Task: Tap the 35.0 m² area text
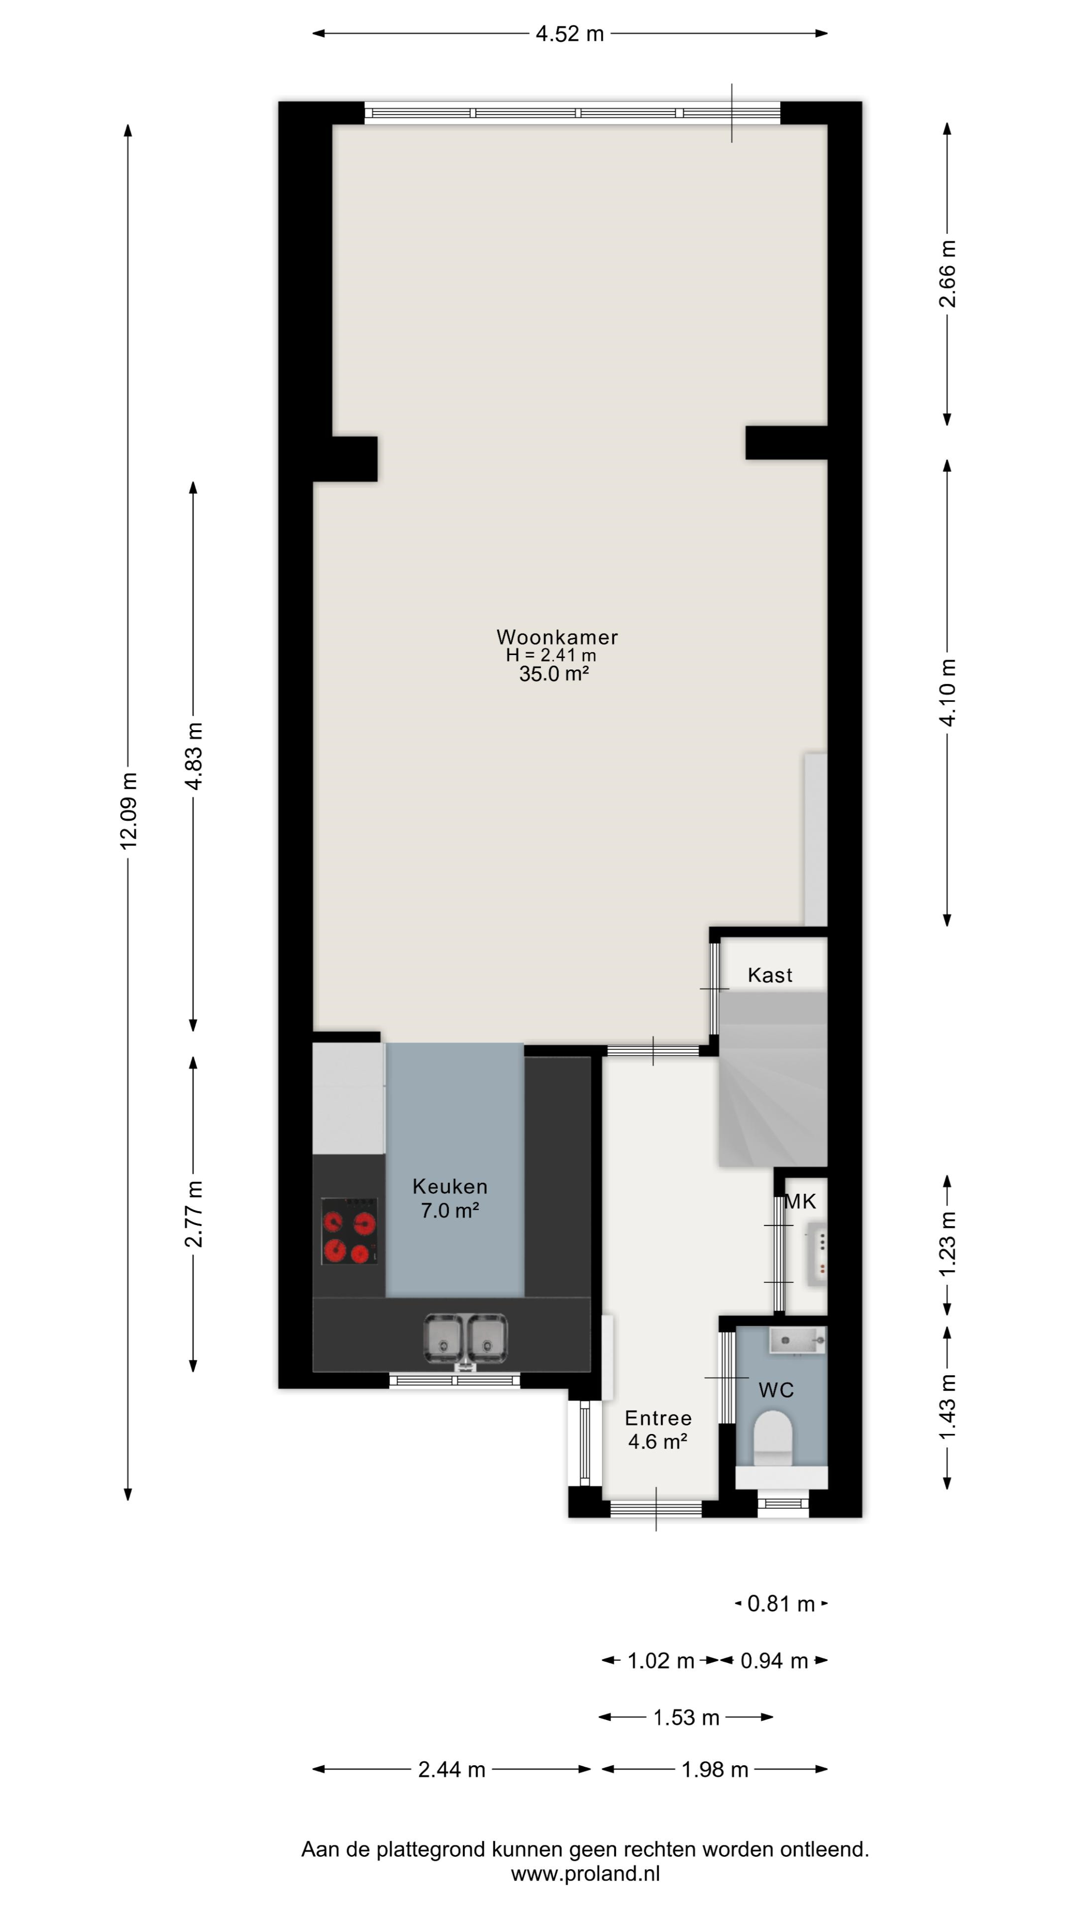[x=553, y=674]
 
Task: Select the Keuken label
[x=449, y=1186]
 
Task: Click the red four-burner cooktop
[x=349, y=1231]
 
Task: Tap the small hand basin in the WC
[x=797, y=1340]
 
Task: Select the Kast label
[x=769, y=975]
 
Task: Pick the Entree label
[x=657, y=1418]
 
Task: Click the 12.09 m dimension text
[x=129, y=810]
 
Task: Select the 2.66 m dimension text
[x=948, y=274]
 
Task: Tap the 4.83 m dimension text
[x=194, y=756]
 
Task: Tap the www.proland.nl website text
[x=585, y=1874]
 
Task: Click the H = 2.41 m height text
[x=550, y=656]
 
